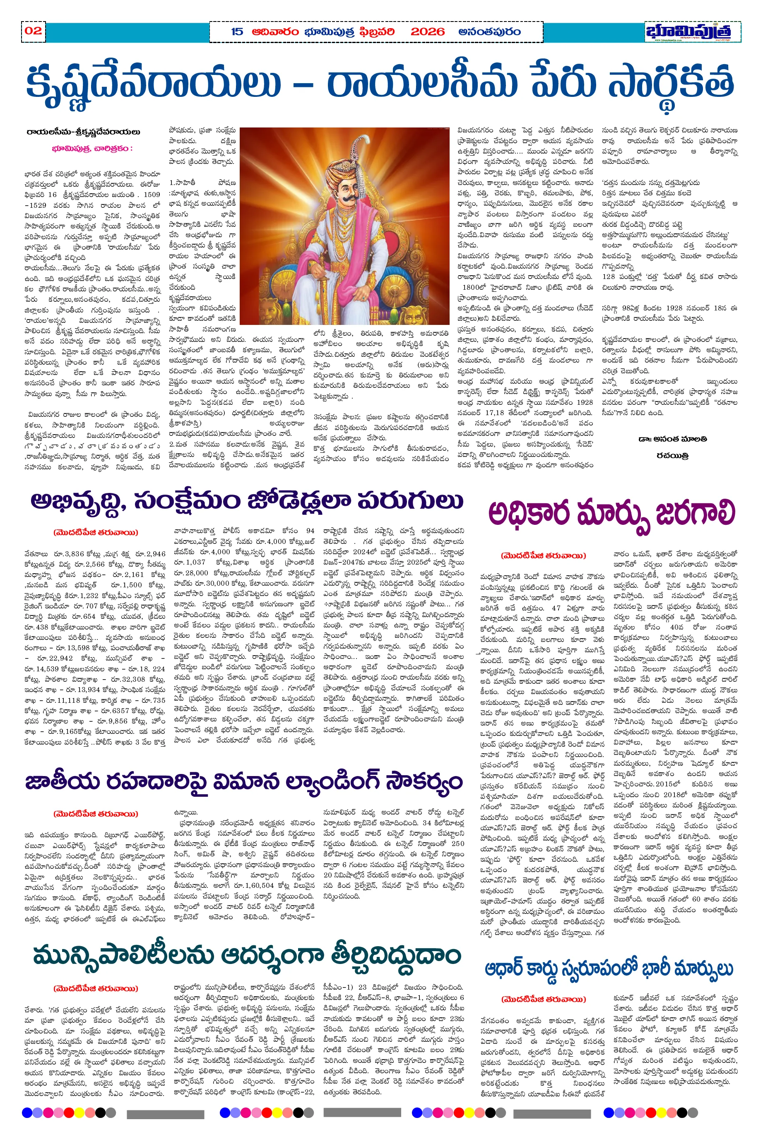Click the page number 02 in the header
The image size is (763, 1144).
point(33,31)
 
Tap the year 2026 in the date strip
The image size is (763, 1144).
point(427,32)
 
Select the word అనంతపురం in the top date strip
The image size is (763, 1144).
point(489,32)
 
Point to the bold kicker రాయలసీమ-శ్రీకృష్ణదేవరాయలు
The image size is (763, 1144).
point(83,132)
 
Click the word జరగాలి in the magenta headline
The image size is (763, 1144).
point(695,514)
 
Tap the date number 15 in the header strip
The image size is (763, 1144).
point(237,32)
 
